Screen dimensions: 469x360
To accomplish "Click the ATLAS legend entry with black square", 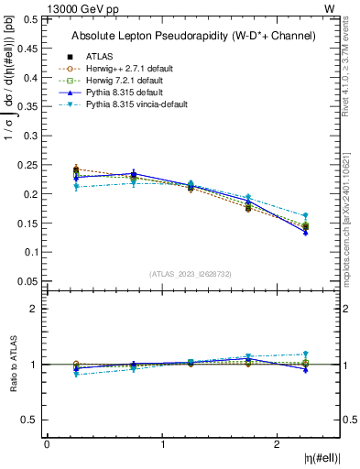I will point(99,56).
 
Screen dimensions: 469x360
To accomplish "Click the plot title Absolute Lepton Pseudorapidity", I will point(192,36).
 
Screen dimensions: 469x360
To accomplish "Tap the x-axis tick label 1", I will point(162,444).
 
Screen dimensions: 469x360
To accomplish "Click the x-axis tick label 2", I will point(278,444).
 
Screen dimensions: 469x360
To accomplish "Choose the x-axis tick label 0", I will point(47,444).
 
